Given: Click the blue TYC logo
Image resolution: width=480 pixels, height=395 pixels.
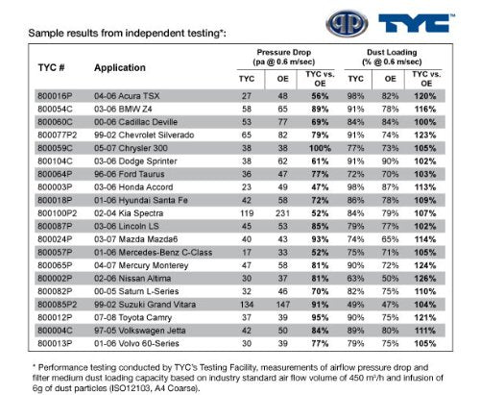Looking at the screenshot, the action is [x=416, y=23].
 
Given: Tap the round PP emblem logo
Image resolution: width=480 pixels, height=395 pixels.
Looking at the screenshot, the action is [x=347, y=23].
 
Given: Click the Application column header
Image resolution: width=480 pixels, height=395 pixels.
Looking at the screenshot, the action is [x=120, y=67].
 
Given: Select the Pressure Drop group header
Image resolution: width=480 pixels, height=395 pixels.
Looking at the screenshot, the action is [x=284, y=57].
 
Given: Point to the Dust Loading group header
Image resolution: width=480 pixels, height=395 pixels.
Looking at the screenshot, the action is [x=392, y=57].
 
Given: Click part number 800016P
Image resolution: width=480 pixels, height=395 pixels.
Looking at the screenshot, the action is [x=55, y=96].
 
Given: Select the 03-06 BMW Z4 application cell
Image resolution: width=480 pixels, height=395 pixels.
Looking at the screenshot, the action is [x=123, y=109].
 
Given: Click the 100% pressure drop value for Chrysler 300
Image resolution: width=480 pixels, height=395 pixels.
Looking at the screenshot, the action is [x=320, y=148].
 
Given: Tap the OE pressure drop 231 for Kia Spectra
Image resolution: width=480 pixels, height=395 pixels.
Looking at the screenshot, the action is [x=282, y=213].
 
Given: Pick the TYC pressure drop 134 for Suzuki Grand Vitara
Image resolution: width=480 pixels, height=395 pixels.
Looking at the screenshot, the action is [x=247, y=305].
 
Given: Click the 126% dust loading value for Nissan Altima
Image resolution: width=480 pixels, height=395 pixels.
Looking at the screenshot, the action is [x=425, y=279].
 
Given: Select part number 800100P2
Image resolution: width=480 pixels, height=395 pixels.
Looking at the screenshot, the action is [x=58, y=213].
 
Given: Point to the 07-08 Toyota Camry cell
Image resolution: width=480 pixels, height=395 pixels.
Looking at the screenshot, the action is [x=132, y=317].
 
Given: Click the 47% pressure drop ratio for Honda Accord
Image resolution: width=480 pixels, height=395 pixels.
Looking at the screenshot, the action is [x=320, y=187].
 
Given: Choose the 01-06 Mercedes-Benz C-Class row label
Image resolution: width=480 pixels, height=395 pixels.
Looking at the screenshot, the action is [x=153, y=253].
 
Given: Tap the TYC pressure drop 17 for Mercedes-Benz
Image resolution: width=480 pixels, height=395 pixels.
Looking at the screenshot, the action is [x=247, y=253].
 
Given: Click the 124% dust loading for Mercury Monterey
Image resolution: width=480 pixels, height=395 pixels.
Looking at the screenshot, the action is [x=425, y=265].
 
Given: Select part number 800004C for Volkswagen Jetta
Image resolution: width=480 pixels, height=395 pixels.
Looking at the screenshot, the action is [x=55, y=331].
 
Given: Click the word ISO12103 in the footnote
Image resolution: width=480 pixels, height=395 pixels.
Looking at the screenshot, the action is [x=130, y=388].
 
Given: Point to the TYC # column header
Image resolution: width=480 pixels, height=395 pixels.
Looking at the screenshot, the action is [x=51, y=67].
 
